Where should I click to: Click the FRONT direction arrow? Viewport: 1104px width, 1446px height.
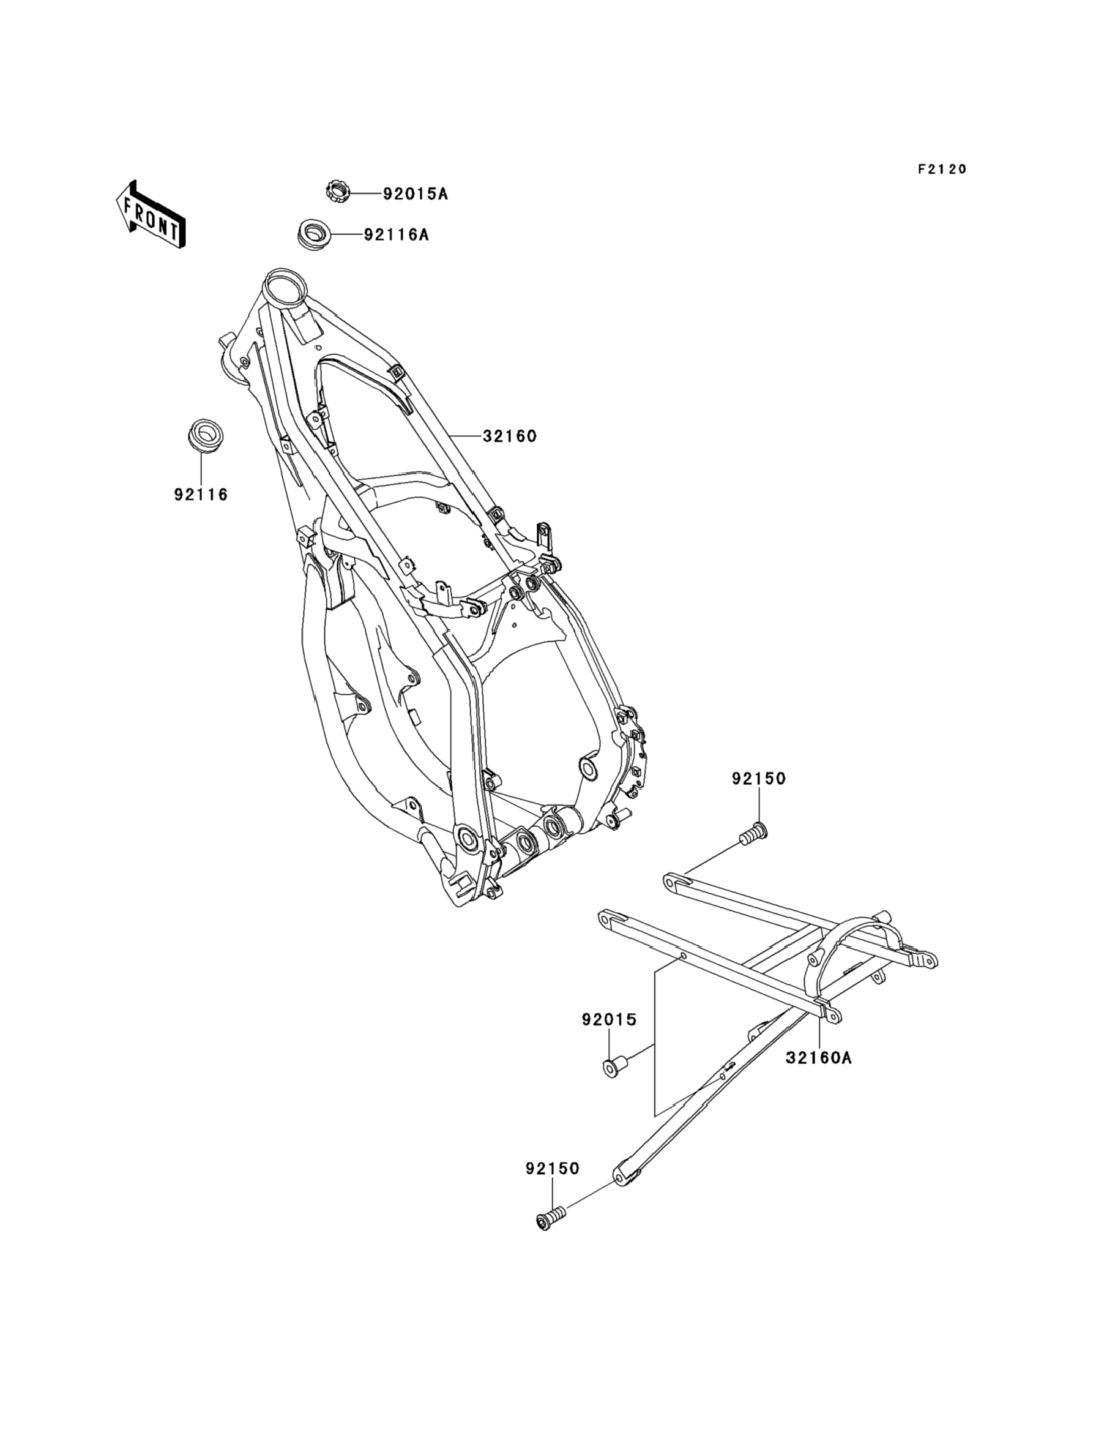[x=151, y=215]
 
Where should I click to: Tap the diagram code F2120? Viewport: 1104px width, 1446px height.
[x=942, y=170]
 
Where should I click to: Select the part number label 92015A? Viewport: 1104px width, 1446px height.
[x=416, y=195]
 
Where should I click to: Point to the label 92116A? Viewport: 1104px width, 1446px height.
[x=397, y=234]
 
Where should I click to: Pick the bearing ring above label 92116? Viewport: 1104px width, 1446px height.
[x=204, y=435]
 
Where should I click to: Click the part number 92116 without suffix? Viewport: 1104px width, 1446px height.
[x=201, y=495]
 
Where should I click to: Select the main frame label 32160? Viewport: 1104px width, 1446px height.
[x=510, y=436]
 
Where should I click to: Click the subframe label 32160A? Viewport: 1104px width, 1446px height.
[x=819, y=1058]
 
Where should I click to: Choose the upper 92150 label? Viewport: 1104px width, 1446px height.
[x=758, y=779]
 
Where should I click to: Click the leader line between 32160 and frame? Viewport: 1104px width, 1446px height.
[x=466, y=436]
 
